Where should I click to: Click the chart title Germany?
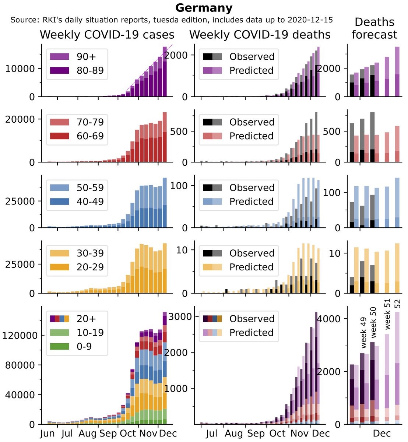204,8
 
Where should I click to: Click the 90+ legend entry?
86,56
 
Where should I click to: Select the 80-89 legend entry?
90,70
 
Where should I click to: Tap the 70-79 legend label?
90,122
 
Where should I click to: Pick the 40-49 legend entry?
90,201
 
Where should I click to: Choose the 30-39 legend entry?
90,253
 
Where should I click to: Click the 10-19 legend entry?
90,333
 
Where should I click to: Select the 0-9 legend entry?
84,347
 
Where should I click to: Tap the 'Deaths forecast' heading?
374,28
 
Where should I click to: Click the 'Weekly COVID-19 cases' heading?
107,35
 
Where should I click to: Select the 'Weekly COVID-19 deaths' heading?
260,35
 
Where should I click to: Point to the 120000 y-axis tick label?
20,336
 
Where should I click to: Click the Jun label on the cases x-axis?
47,433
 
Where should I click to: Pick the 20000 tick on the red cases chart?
20,119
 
